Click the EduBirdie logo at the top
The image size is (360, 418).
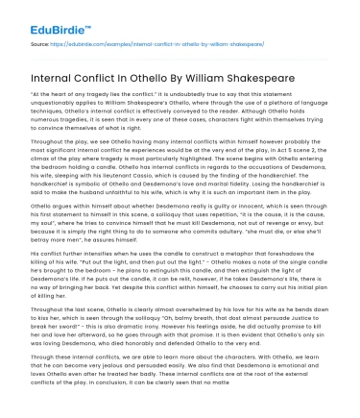coord(44,20)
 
